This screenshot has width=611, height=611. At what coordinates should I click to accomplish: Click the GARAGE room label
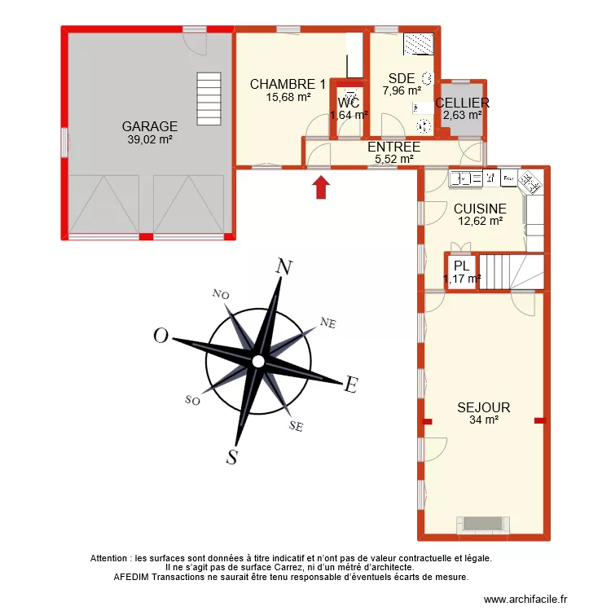(150, 126)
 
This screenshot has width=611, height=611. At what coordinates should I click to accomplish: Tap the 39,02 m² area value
(150, 139)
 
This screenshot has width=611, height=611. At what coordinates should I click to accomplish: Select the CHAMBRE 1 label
(288, 84)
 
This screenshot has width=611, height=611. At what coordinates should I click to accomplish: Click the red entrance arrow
(323, 187)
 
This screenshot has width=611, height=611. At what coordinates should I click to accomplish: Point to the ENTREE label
(393, 147)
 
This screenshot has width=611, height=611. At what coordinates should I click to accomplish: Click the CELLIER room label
(462, 103)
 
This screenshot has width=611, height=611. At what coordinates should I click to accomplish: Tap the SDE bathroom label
(402, 78)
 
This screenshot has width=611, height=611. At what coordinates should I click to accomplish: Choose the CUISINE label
(480, 209)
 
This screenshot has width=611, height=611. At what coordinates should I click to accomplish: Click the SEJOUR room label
(483, 407)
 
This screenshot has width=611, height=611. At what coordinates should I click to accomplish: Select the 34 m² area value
(483, 420)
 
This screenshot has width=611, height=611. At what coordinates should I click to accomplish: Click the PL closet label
(461, 266)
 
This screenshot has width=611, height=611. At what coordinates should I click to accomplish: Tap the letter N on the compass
(284, 267)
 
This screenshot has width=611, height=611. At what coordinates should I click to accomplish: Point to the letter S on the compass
(232, 457)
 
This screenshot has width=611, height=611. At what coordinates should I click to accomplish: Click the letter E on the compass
(351, 385)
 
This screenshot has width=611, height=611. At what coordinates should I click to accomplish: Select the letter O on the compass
(161, 336)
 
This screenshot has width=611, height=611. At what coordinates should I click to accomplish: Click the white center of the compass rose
(257, 361)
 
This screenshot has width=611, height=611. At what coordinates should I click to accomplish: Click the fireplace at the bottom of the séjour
(483, 525)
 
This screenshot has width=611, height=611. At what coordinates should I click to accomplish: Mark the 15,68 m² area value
(288, 97)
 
